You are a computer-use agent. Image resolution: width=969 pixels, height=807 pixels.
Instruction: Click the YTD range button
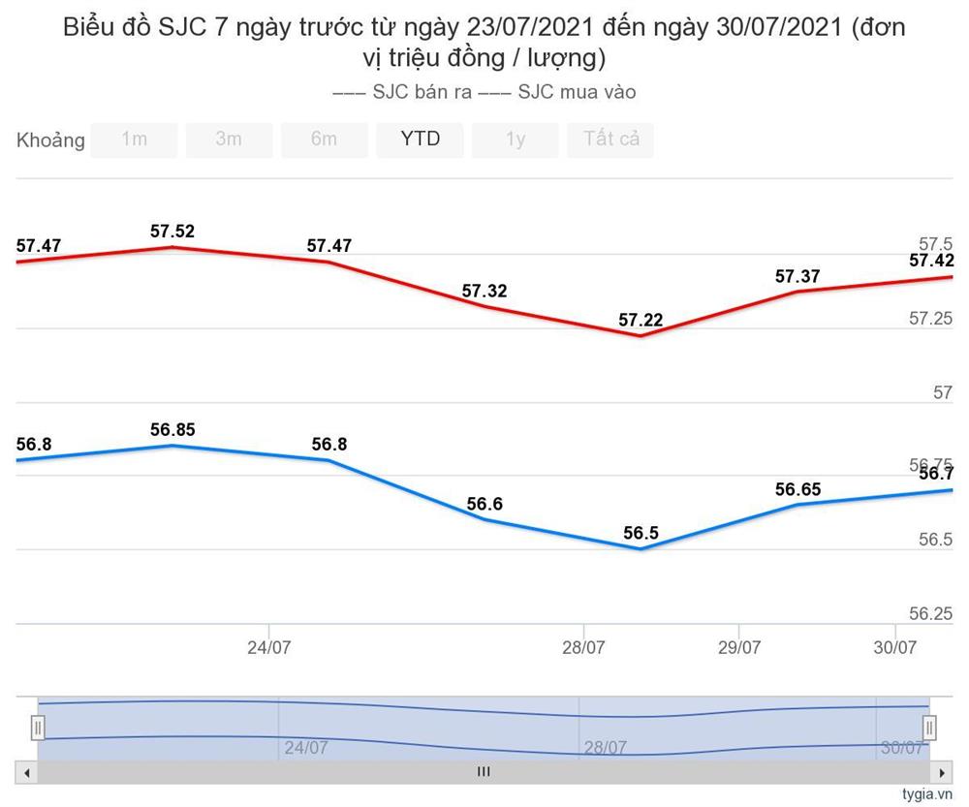click(x=420, y=140)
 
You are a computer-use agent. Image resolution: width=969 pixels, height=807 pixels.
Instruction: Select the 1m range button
click(x=134, y=140)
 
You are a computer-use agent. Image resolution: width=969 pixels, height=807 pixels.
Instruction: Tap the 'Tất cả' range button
click(x=610, y=140)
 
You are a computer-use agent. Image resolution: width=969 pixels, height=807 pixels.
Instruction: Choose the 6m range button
click(x=324, y=140)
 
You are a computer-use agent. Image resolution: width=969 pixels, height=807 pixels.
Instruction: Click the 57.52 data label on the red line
click(x=172, y=232)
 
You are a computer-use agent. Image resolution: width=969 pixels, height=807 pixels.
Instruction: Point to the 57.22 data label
click(x=641, y=320)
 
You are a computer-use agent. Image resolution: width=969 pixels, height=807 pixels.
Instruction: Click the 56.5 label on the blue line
click(x=641, y=533)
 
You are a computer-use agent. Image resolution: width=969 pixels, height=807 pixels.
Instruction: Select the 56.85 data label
click(x=172, y=429)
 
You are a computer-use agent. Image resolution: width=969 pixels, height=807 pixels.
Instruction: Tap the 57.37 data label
click(x=797, y=276)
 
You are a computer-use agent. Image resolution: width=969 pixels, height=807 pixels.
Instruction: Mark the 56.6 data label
click(x=484, y=504)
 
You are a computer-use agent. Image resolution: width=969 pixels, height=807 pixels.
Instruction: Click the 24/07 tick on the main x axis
click(x=268, y=647)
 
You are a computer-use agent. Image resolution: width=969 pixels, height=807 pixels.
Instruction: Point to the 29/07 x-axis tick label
click(x=738, y=647)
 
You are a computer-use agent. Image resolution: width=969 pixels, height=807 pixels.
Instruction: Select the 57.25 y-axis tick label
click(x=930, y=319)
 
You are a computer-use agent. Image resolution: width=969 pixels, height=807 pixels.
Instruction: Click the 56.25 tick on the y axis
click(x=930, y=613)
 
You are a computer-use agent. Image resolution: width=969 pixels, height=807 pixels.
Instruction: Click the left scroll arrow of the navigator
click(x=27, y=772)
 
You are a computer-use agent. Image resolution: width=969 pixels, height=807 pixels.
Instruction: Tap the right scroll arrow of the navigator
click(x=941, y=772)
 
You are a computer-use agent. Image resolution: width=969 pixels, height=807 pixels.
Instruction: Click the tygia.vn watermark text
click(x=927, y=794)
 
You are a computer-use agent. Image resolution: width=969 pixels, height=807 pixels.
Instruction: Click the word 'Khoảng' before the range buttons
click(x=50, y=140)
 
